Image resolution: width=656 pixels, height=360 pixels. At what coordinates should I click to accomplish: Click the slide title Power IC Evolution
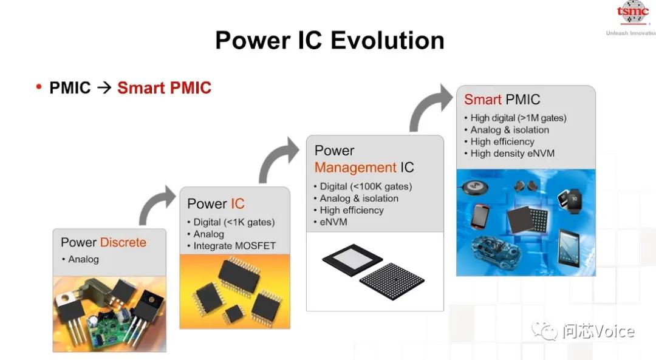329,41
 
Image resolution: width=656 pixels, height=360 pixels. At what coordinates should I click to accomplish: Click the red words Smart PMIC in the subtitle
164,88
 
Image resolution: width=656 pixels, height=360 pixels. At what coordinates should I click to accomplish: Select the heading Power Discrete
103,242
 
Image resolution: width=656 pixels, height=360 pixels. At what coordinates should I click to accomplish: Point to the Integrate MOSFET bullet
234,246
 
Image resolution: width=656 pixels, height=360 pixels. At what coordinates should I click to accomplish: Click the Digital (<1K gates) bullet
234,222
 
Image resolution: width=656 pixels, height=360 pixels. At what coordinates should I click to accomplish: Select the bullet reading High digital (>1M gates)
518,118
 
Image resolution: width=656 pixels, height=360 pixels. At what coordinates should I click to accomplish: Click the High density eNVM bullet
512,154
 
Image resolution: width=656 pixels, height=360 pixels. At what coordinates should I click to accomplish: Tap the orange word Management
355,167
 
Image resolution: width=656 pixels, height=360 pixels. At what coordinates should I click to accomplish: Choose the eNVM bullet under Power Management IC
333,222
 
